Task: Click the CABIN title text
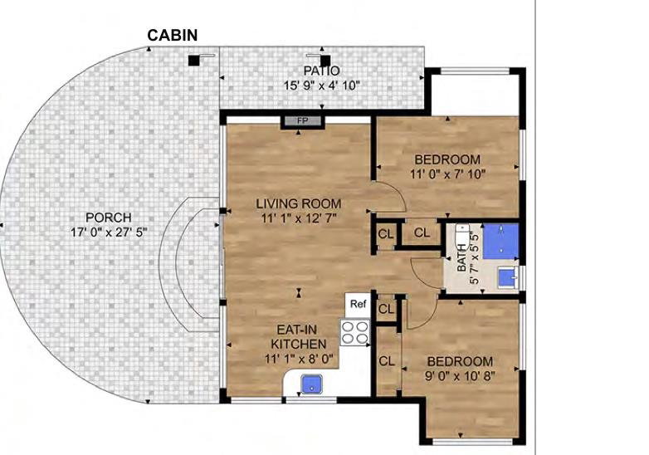pyautogui.click(x=172, y=35)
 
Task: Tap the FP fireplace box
pyautogui.click(x=302, y=121)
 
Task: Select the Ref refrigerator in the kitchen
pyautogui.click(x=358, y=305)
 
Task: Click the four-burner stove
pyautogui.click(x=355, y=332)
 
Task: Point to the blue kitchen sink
pyautogui.click(x=312, y=384)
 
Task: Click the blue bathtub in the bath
pyautogui.click(x=500, y=241)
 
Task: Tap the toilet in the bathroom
pyautogui.click(x=461, y=237)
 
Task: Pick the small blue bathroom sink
pyautogui.click(x=506, y=277)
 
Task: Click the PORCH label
pyautogui.click(x=109, y=218)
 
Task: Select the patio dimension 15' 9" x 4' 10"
pyautogui.click(x=322, y=86)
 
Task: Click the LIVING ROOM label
pyautogui.click(x=299, y=203)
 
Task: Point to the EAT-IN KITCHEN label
pyautogui.click(x=298, y=336)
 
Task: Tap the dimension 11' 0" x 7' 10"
pyautogui.click(x=447, y=174)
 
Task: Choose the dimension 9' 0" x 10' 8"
pyautogui.click(x=460, y=376)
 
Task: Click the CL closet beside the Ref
pyautogui.click(x=386, y=309)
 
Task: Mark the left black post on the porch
pyautogui.click(x=193, y=61)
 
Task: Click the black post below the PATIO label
pyautogui.click(x=324, y=61)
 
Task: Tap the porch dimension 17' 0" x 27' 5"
pyautogui.click(x=109, y=232)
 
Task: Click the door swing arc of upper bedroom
pyautogui.click(x=395, y=193)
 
